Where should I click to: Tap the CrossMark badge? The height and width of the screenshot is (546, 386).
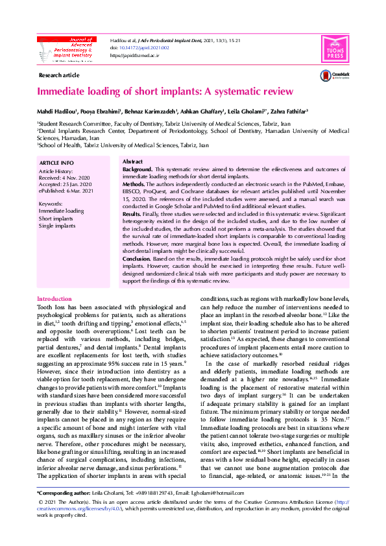tap(335, 76)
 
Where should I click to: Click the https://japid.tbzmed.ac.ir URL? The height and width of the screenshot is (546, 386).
tap(135, 56)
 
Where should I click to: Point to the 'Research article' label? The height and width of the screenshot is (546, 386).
tap(59, 76)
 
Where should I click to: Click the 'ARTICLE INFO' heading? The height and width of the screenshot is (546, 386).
tap(56, 162)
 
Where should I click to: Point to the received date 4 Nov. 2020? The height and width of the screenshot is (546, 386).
tap(78, 176)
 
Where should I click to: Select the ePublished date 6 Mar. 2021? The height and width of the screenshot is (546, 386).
tap(80, 190)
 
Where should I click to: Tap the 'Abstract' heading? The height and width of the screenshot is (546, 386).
tap(132, 161)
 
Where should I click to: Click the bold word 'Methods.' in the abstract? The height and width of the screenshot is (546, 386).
tap(134, 184)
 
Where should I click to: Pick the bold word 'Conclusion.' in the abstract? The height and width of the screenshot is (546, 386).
tap(138, 259)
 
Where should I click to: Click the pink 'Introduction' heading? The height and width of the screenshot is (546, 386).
tap(54, 299)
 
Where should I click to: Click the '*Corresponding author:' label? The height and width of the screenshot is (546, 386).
tap(64, 494)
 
